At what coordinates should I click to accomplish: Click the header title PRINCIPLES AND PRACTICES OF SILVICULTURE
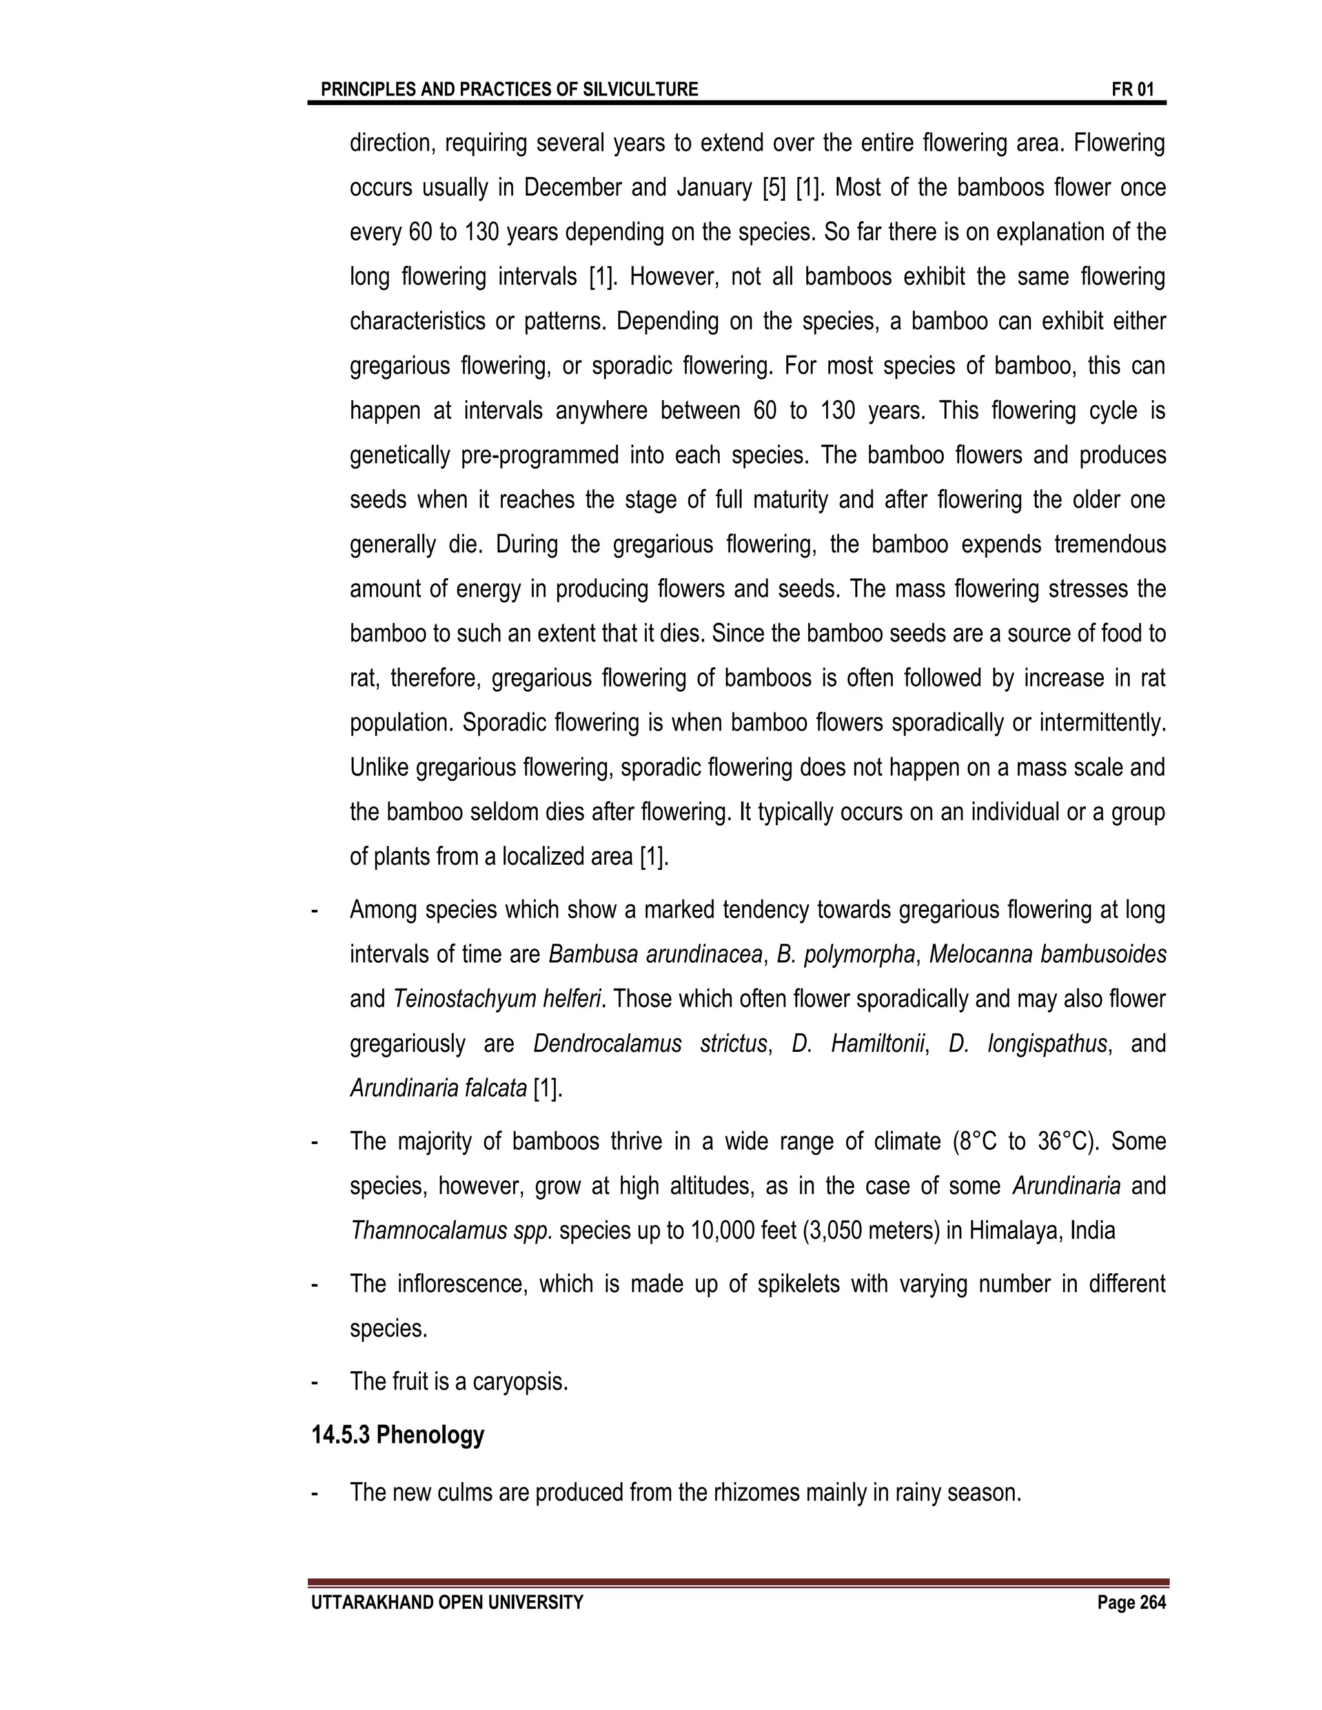pyautogui.click(x=509, y=89)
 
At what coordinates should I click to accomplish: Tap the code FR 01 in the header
pyautogui.click(x=1132, y=89)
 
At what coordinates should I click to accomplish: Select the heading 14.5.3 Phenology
pyautogui.click(x=398, y=1435)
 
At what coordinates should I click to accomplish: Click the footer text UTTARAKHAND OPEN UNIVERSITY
pyautogui.click(x=447, y=1603)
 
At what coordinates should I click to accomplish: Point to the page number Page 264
pyautogui.click(x=1131, y=1603)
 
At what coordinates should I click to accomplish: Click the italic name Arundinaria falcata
pyautogui.click(x=438, y=1089)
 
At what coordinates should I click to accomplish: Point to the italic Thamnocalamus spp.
pyautogui.click(x=451, y=1231)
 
